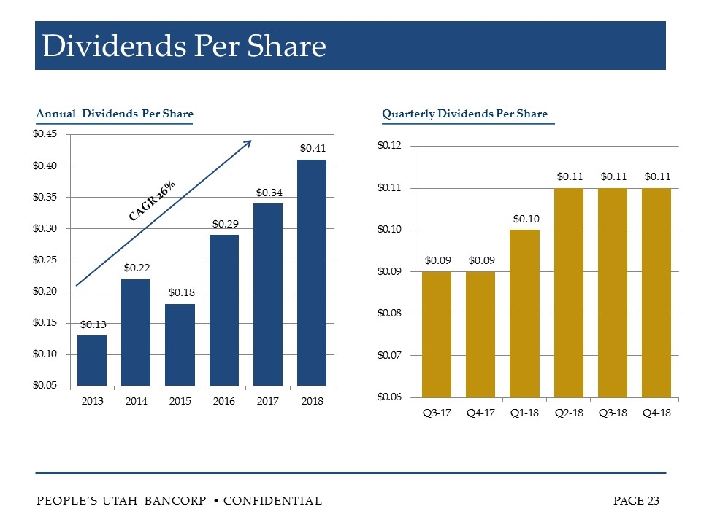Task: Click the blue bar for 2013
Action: pyautogui.click(x=92, y=360)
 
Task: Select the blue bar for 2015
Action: pyautogui.click(x=180, y=344)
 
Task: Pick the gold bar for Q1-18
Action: pyautogui.click(x=524, y=313)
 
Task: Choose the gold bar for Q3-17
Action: pyautogui.click(x=437, y=334)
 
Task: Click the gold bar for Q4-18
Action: pyautogui.click(x=656, y=292)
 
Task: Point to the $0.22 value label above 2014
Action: pyautogui.click(x=137, y=269)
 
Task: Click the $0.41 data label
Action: pyautogui.click(x=312, y=148)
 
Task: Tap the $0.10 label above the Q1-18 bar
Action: pyautogui.click(x=525, y=219)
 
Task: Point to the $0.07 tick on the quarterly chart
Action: pyautogui.click(x=389, y=355)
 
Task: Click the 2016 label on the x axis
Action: pyautogui.click(x=224, y=400)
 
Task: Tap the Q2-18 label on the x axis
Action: pyautogui.click(x=569, y=412)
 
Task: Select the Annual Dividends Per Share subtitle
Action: pyautogui.click(x=115, y=114)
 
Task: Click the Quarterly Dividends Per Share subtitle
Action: pyautogui.click(x=464, y=114)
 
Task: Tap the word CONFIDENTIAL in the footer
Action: pyautogui.click(x=272, y=500)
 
